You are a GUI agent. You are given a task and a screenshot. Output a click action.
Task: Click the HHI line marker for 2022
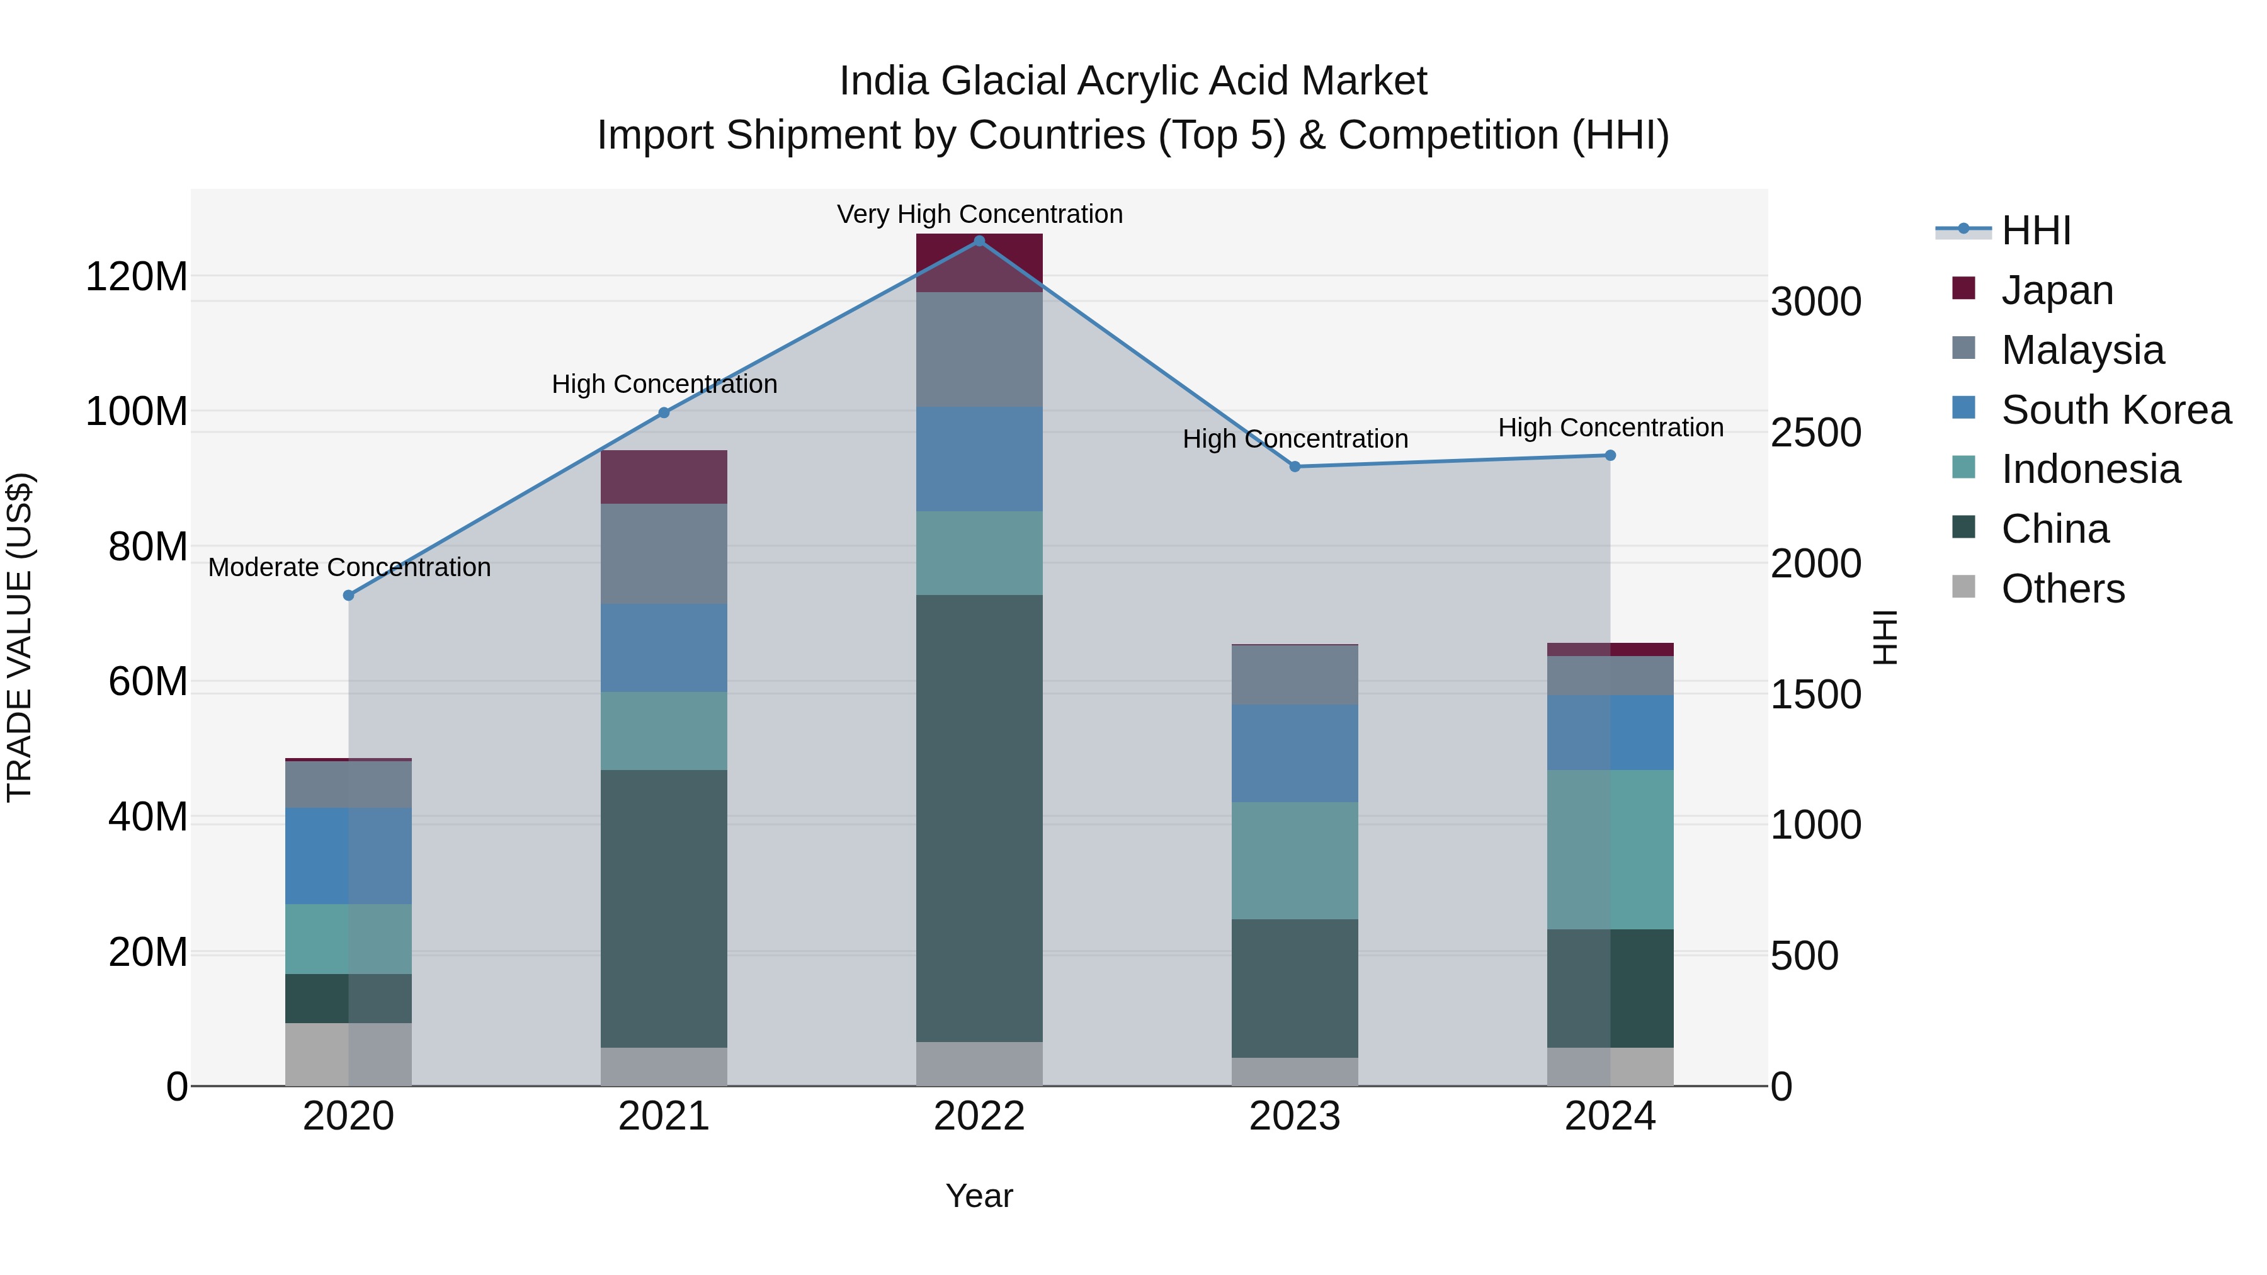pos(979,241)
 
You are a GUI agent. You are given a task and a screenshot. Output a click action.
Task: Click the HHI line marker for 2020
pos(348,596)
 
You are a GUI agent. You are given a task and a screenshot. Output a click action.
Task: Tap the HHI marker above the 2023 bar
pos(1295,467)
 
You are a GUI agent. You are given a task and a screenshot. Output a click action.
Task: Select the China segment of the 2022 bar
pos(979,819)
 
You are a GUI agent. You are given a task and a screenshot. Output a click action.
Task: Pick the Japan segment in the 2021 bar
pos(664,477)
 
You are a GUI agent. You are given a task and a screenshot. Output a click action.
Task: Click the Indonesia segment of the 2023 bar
pos(1295,861)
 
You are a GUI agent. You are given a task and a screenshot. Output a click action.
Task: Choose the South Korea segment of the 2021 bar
pos(664,648)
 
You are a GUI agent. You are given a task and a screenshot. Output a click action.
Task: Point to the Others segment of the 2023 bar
pos(1295,1072)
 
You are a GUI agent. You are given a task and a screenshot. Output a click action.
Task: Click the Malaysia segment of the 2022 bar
pos(979,349)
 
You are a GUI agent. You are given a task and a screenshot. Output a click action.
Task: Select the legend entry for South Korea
pos(2116,410)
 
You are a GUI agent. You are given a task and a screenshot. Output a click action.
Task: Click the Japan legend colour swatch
pos(1963,288)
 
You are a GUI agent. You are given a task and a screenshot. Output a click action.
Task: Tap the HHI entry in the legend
pos(2035,230)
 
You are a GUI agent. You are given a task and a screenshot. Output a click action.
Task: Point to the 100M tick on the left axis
pos(137,412)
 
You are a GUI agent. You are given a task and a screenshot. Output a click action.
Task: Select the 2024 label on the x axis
pos(1610,1116)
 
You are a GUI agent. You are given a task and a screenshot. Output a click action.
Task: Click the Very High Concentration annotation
pos(979,214)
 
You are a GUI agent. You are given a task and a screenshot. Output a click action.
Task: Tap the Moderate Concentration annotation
pos(349,567)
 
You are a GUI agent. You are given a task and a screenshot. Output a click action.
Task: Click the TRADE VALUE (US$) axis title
pos(20,637)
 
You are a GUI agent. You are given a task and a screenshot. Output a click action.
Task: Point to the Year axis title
pos(979,1196)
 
